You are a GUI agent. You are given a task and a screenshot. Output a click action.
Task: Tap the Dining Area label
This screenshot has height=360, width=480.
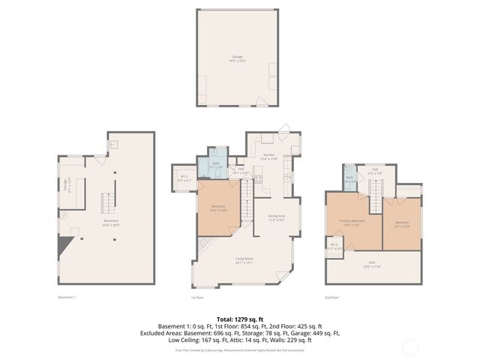[x=275, y=217]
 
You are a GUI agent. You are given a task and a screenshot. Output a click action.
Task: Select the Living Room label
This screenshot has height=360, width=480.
[x=244, y=260]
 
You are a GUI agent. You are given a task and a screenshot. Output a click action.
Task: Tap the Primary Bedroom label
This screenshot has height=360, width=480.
[x=353, y=222]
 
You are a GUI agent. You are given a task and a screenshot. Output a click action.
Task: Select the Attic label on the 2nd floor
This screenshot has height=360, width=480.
[x=372, y=265]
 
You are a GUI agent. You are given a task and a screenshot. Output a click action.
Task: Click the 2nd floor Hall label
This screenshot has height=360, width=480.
[x=374, y=172]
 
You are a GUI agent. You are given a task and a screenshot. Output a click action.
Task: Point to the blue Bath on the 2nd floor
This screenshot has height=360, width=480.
[x=349, y=179]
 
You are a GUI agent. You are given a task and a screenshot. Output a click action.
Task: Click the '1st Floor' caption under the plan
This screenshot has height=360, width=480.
[x=196, y=298]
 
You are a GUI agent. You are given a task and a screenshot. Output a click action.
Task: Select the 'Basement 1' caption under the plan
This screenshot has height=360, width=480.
[x=67, y=298]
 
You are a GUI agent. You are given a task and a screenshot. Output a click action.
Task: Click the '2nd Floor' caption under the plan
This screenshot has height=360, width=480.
[x=331, y=298]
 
